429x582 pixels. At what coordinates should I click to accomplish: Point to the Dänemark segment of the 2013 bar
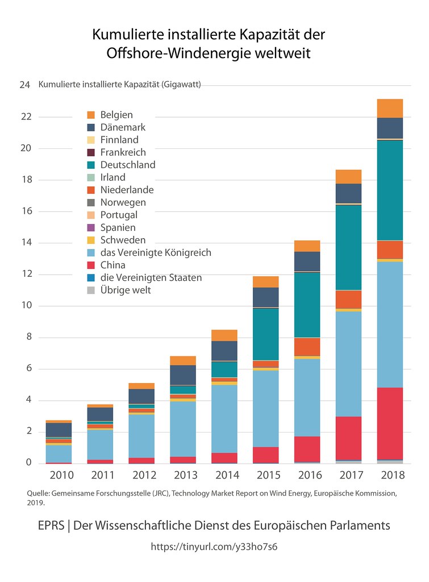pos(182,375)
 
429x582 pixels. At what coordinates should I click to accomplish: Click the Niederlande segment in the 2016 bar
pos(307,347)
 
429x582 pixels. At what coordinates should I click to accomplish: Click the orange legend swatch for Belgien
pos(90,115)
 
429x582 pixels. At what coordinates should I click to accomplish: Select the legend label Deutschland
pos(127,165)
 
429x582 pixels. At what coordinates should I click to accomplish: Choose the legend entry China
pos(113,265)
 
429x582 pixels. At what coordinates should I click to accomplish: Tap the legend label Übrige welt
pos(125,290)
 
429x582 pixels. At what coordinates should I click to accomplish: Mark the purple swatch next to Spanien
pos(90,227)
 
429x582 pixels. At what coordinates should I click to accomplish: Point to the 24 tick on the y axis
pos(24,85)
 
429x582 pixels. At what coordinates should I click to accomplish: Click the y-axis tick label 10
pos(25,306)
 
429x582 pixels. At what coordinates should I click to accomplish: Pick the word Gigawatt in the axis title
pos(181,85)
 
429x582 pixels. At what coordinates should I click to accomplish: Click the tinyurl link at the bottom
pos(214,546)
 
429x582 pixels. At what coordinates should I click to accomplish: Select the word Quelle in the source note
pos(38,493)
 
